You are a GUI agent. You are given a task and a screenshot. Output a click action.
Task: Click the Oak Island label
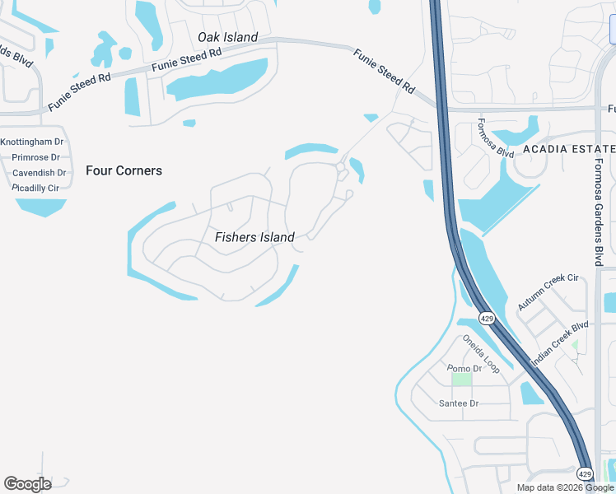(227, 37)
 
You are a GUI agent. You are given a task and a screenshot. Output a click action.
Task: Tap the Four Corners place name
(124, 171)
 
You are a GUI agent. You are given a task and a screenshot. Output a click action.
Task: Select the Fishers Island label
(254, 237)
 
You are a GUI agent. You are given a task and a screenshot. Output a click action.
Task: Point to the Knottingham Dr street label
(32, 142)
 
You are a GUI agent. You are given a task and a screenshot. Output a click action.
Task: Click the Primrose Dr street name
(36, 157)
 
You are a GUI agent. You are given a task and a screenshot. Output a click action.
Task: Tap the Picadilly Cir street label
(35, 188)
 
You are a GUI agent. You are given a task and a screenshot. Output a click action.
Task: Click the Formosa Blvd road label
(495, 138)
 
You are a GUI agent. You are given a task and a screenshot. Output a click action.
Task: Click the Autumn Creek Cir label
(548, 292)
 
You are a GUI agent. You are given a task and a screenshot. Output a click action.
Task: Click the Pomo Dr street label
(464, 369)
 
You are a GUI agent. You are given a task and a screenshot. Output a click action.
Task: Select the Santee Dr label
(459, 403)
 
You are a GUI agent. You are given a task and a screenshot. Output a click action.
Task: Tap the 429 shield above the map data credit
(584, 473)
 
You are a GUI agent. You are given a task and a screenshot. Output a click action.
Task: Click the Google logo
(27, 483)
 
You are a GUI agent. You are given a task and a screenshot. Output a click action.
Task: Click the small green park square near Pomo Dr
(461, 380)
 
